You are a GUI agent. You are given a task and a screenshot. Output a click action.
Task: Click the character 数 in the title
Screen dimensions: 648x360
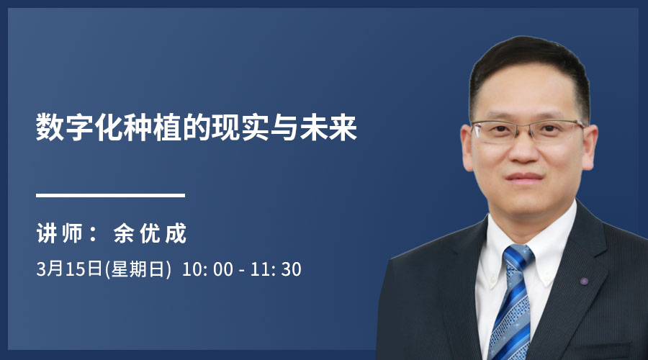[x=50, y=127]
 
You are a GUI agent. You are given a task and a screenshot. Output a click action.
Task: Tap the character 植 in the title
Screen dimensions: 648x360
[x=168, y=127]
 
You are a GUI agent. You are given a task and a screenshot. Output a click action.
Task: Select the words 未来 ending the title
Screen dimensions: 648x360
[x=328, y=127]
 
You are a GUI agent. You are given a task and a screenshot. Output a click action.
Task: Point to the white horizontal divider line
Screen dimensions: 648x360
[x=110, y=196]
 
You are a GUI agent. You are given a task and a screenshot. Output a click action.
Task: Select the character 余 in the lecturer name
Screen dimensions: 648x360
[x=124, y=233]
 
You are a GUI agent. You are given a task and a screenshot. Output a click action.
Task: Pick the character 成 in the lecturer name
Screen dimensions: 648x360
[x=176, y=233]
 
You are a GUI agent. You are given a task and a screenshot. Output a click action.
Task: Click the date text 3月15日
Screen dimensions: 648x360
[x=69, y=269]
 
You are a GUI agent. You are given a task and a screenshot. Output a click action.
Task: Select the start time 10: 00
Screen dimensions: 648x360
[x=207, y=269]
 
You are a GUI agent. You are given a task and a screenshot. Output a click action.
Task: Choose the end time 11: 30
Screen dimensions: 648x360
[x=276, y=269]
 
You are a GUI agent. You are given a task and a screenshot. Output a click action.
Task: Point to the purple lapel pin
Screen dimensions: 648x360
[x=583, y=282]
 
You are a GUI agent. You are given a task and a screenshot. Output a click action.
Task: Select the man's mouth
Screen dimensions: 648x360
[x=524, y=178]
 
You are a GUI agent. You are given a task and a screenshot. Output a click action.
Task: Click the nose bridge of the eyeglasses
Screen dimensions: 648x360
[x=524, y=126]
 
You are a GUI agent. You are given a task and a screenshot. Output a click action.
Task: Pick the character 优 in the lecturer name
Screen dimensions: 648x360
[x=150, y=233]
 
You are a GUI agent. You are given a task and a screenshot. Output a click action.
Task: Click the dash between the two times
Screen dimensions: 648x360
[x=242, y=271]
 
